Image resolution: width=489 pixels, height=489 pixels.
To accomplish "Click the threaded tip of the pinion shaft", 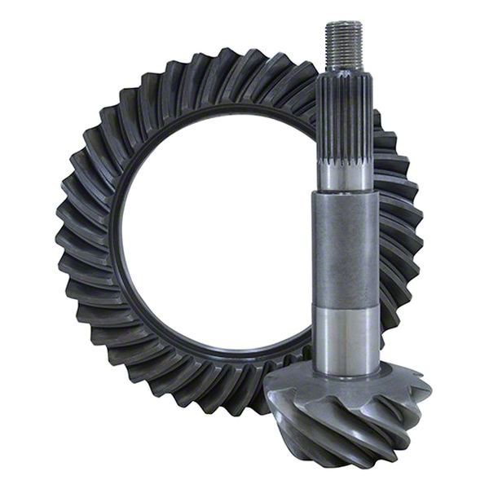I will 344,45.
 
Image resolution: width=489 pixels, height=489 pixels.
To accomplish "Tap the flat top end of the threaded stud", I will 344,24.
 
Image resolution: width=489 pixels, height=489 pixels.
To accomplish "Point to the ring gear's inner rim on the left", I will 118,236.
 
